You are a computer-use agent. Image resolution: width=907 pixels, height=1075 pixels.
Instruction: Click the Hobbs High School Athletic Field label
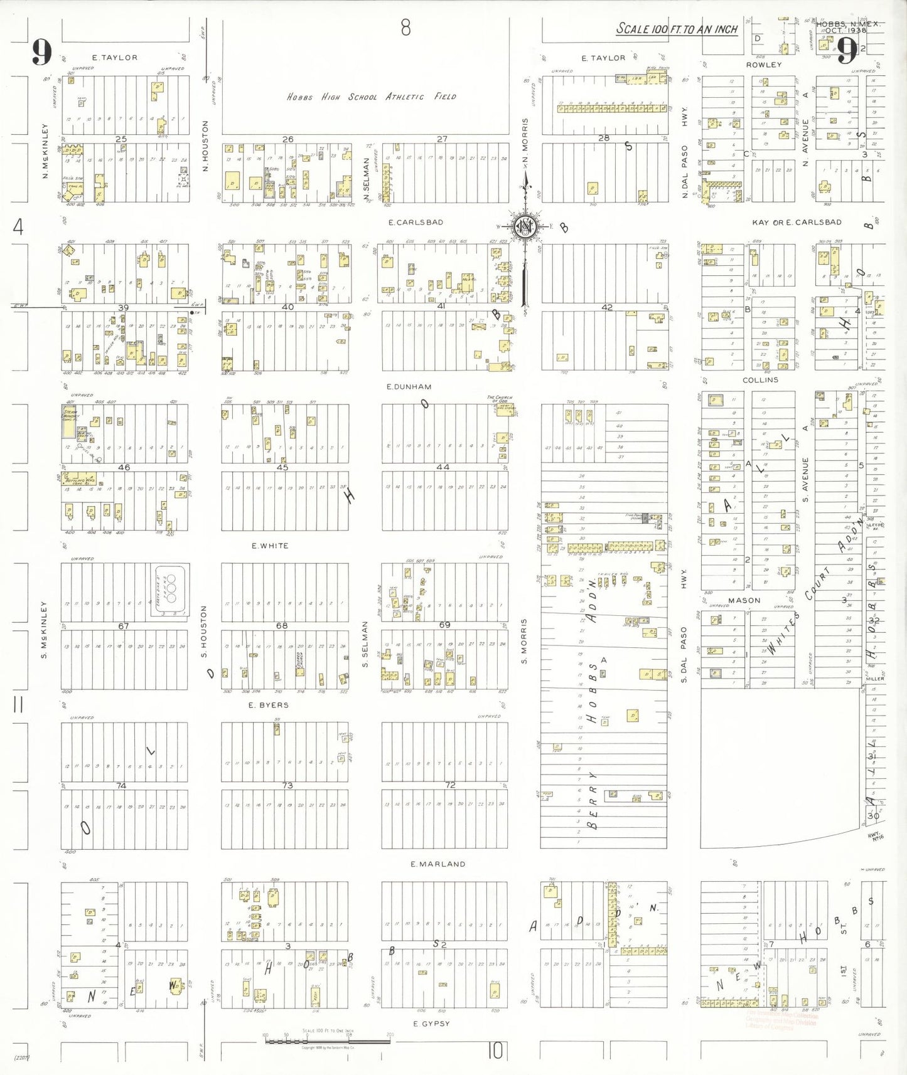tap(371, 97)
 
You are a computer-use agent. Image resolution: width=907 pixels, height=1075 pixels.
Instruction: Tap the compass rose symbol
tap(524, 226)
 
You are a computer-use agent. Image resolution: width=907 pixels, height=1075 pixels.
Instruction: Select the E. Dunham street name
tap(409, 386)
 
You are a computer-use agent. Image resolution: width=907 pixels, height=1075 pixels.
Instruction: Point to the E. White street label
tap(270, 546)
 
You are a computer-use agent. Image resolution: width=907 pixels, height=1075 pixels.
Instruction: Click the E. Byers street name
tap(268, 705)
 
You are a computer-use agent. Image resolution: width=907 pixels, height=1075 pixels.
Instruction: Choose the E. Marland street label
tap(437, 864)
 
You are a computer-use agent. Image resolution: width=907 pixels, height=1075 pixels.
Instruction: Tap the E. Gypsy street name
tap(431, 1023)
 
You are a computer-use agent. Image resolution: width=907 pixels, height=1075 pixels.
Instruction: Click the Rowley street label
tap(763, 65)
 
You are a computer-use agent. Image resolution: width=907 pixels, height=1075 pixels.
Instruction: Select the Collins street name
tap(760, 379)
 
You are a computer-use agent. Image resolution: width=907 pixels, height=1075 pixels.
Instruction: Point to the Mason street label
tap(744, 600)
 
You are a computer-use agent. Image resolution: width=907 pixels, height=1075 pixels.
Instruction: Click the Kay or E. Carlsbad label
tap(797, 222)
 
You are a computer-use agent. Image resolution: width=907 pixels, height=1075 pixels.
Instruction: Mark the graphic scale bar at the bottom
tap(327, 1041)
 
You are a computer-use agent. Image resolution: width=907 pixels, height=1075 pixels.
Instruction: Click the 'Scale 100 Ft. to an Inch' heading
tap(677, 29)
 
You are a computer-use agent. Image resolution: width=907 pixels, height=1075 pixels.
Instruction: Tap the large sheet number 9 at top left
tap(41, 52)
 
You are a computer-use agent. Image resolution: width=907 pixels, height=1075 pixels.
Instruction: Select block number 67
tap(124, 626)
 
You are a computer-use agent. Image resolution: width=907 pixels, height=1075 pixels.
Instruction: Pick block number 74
tap(121, 785)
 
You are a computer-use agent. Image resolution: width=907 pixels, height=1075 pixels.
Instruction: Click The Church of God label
tap(500, 398)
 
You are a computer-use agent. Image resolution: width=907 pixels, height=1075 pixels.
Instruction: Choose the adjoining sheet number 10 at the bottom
tap(495, 1051)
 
